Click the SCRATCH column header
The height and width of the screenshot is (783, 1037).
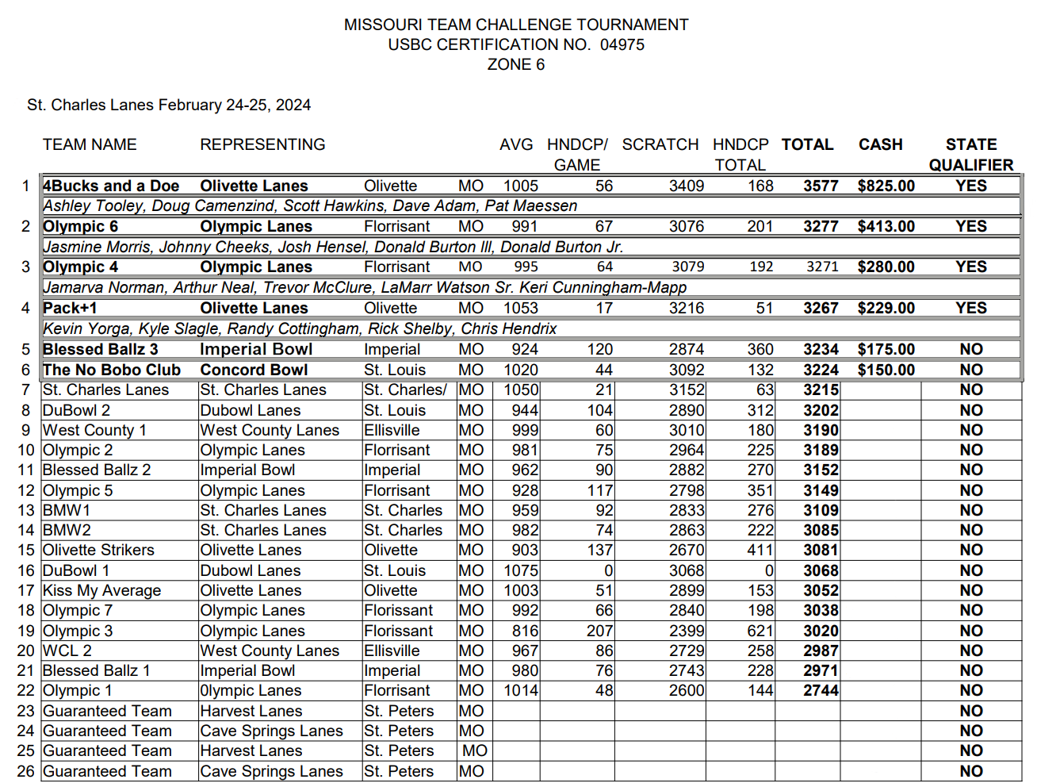[660, 144]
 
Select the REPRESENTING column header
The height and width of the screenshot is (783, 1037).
[262, 144]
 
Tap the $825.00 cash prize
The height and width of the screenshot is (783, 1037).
[886, 186]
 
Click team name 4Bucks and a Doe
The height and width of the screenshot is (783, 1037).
[111, 186]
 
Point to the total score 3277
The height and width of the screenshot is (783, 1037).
[821, 226]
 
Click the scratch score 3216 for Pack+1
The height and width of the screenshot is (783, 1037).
[687, 308]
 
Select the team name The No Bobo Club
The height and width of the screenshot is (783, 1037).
[112, 370]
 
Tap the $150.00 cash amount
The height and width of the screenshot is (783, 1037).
[886, 370]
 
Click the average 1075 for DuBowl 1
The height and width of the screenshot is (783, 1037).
[521, 570]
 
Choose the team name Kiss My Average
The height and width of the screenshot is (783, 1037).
[101, 590]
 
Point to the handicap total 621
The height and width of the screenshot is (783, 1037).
[760, 631]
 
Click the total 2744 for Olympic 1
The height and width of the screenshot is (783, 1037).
[821, 690]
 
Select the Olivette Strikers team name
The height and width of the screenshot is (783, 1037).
[98, 550]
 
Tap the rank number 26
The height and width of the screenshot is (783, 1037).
[26, 771]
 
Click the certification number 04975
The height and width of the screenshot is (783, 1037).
[622, 44]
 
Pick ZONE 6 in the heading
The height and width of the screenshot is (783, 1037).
[516, 64]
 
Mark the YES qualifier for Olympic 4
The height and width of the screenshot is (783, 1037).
[970, 267]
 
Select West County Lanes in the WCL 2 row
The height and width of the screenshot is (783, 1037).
[270, 651]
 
